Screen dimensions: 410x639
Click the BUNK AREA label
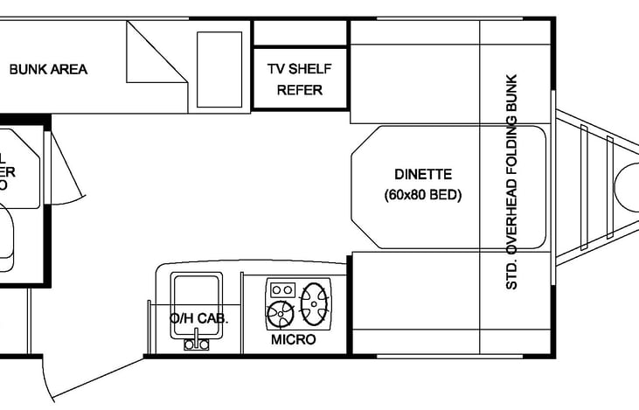48,69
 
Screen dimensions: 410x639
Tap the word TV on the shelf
277,69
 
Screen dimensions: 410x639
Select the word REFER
300,90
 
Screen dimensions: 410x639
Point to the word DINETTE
422,174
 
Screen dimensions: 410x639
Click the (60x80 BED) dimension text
422,195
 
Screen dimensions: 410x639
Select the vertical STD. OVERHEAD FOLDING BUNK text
512,182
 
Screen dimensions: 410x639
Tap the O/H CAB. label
198,319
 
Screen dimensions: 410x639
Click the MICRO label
293,339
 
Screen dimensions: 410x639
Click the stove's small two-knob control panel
281,288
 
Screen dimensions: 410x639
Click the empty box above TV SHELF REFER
300,33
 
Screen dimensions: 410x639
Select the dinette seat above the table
414,74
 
